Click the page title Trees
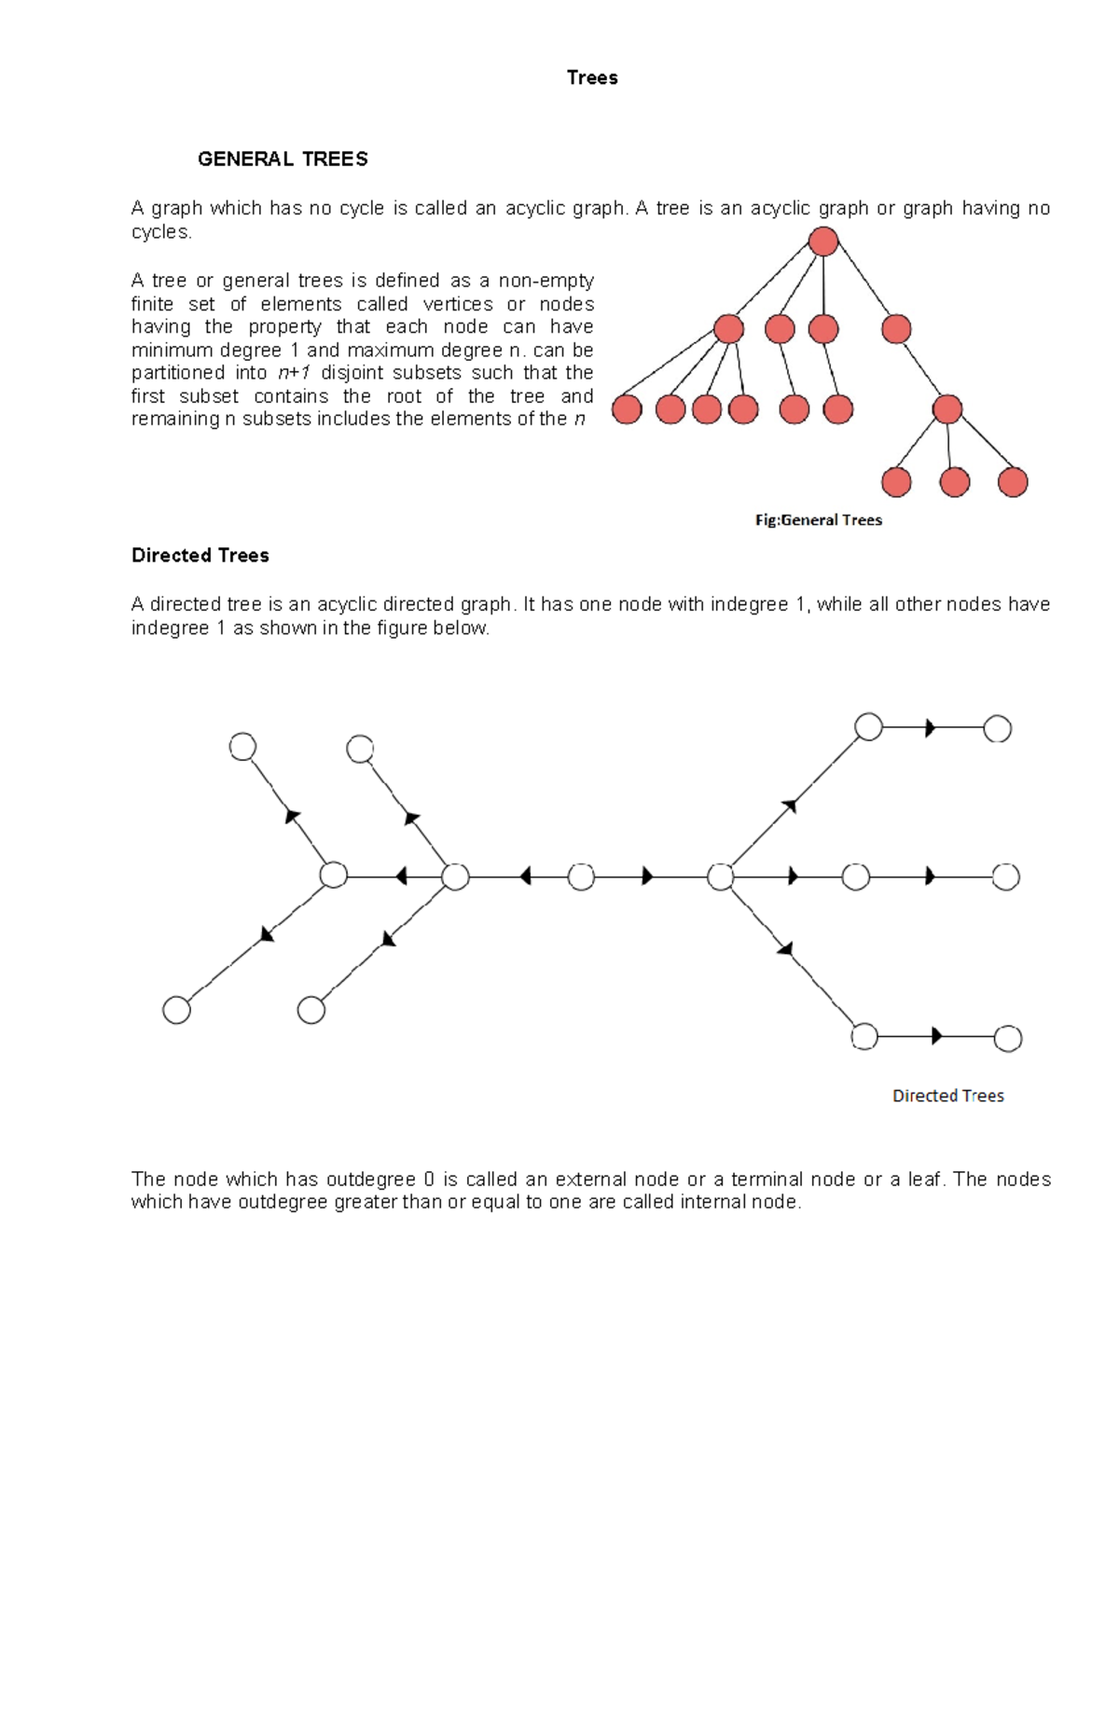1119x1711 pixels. tap(592, 77)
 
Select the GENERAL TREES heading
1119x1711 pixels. tap(283, 159)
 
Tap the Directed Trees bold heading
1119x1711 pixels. tap(200, 556)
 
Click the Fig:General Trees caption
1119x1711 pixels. tap(818, 520)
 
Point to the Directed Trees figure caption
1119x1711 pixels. tap(947, 1096)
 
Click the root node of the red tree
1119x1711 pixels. tap(823, 241)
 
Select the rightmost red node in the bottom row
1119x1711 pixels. tap(1012, 482)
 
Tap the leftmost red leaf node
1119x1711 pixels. tap(627, 408)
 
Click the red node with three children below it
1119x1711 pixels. tap(946, 408)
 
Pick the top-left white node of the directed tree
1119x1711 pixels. tap(242, 747)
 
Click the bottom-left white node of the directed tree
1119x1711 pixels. tap(176, 1010)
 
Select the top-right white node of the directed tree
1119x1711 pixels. tap(997, 728)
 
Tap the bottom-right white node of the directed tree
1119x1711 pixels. tap(1007, 1038)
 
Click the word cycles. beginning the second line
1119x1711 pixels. tap(161, 232)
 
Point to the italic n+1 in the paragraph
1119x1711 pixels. tap(294, 373)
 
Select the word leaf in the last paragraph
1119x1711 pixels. tap(924, 1180)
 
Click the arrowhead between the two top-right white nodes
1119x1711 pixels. tap(930, 728)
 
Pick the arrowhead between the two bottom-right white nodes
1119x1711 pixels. tap(936, 1036)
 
